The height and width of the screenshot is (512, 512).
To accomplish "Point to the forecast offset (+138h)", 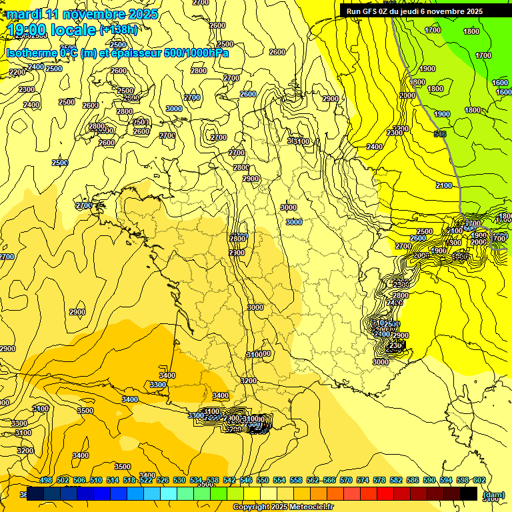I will tap(119, 30).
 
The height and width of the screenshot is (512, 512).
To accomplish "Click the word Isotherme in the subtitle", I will tap(31, 53).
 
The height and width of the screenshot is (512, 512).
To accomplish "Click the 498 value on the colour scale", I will tap(46, 480).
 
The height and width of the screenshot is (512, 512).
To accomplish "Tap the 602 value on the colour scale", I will tap(479, 480).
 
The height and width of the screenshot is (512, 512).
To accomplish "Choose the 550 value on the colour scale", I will tap(263, 480).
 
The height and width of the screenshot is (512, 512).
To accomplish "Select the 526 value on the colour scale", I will tap(163, 480).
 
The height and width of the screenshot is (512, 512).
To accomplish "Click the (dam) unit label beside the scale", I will tap(493, 494).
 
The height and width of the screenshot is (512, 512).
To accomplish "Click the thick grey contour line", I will tap(437, 133).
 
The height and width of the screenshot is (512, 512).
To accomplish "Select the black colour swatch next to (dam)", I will tap(469, 494).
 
